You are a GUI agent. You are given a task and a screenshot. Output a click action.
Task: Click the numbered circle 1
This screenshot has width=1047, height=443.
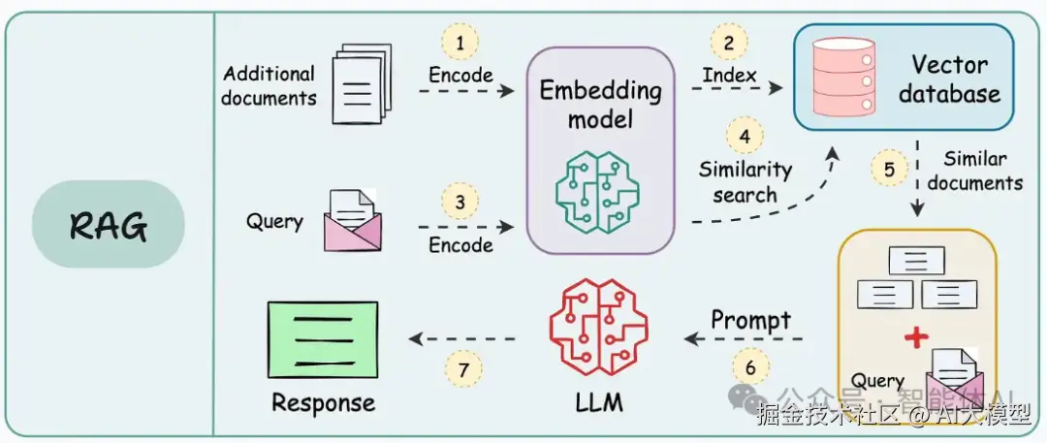460,42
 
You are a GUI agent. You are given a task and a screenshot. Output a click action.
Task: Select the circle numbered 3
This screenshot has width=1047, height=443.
460,203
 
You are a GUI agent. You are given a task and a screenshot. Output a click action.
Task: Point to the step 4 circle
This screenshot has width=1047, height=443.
745,137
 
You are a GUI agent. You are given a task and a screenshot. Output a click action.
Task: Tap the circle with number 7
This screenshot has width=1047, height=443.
464,368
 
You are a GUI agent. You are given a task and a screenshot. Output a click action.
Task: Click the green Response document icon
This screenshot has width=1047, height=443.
325,336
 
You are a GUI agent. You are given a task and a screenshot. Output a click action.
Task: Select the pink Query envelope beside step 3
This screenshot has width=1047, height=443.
351,219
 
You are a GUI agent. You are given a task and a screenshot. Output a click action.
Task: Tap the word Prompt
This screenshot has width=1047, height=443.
750,319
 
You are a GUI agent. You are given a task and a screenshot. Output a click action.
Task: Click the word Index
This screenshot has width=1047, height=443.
731,74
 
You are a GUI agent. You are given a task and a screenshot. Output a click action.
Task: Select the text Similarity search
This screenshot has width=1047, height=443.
745,181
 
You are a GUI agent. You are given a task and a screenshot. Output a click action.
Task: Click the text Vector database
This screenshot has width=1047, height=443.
949,79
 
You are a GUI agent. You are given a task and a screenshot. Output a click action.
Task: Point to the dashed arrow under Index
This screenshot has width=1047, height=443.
736,89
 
